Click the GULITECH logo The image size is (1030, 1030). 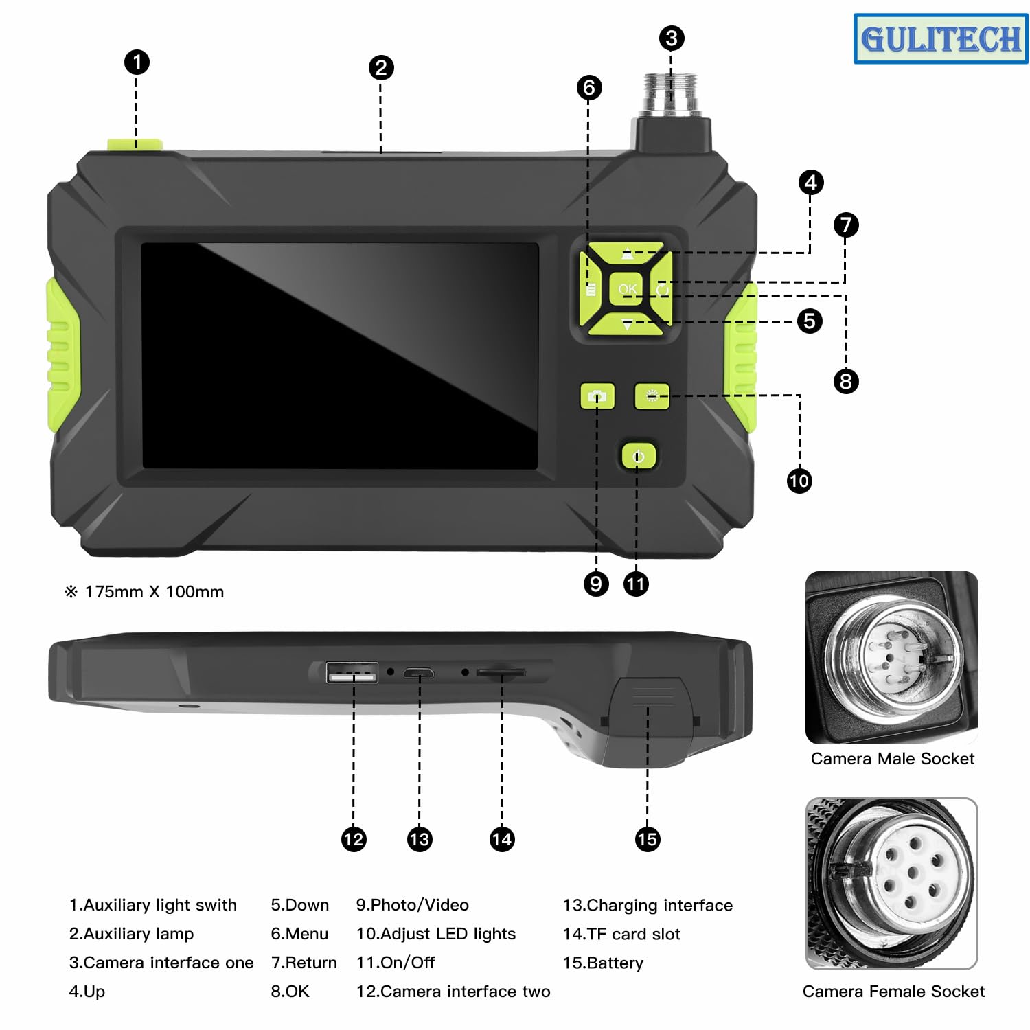941,39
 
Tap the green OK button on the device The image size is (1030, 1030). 626,289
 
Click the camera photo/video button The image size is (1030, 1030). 597,396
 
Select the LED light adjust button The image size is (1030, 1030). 652,396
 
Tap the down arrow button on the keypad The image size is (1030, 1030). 627,324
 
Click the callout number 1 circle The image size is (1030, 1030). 137,62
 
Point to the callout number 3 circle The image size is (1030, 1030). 672,38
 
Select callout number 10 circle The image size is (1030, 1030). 799,481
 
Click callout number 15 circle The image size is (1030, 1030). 647,839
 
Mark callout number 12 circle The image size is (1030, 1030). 354,839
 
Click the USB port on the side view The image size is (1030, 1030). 352,673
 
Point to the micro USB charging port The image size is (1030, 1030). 418,673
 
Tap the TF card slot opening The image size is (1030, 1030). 501,673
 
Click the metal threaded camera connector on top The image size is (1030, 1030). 671,93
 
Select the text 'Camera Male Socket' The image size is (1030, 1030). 892,759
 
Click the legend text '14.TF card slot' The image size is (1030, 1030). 621,934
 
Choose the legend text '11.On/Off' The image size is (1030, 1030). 396,963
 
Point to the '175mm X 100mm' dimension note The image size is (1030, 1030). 154,592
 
